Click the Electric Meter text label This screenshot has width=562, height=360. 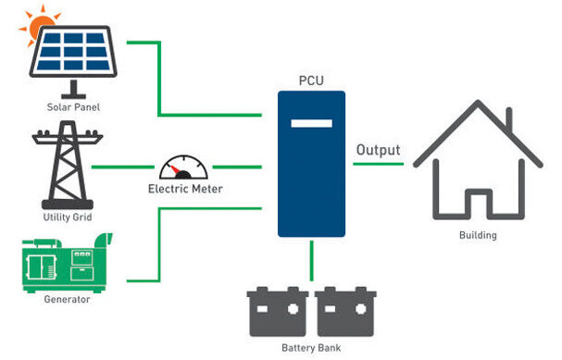coord(185,189)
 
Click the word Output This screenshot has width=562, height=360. coord(378,150)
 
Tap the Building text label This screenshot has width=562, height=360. coord(478,235)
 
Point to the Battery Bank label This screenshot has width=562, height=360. coord(310,348)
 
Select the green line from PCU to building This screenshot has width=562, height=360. coord(375,165)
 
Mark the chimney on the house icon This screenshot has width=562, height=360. coord(519,118)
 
